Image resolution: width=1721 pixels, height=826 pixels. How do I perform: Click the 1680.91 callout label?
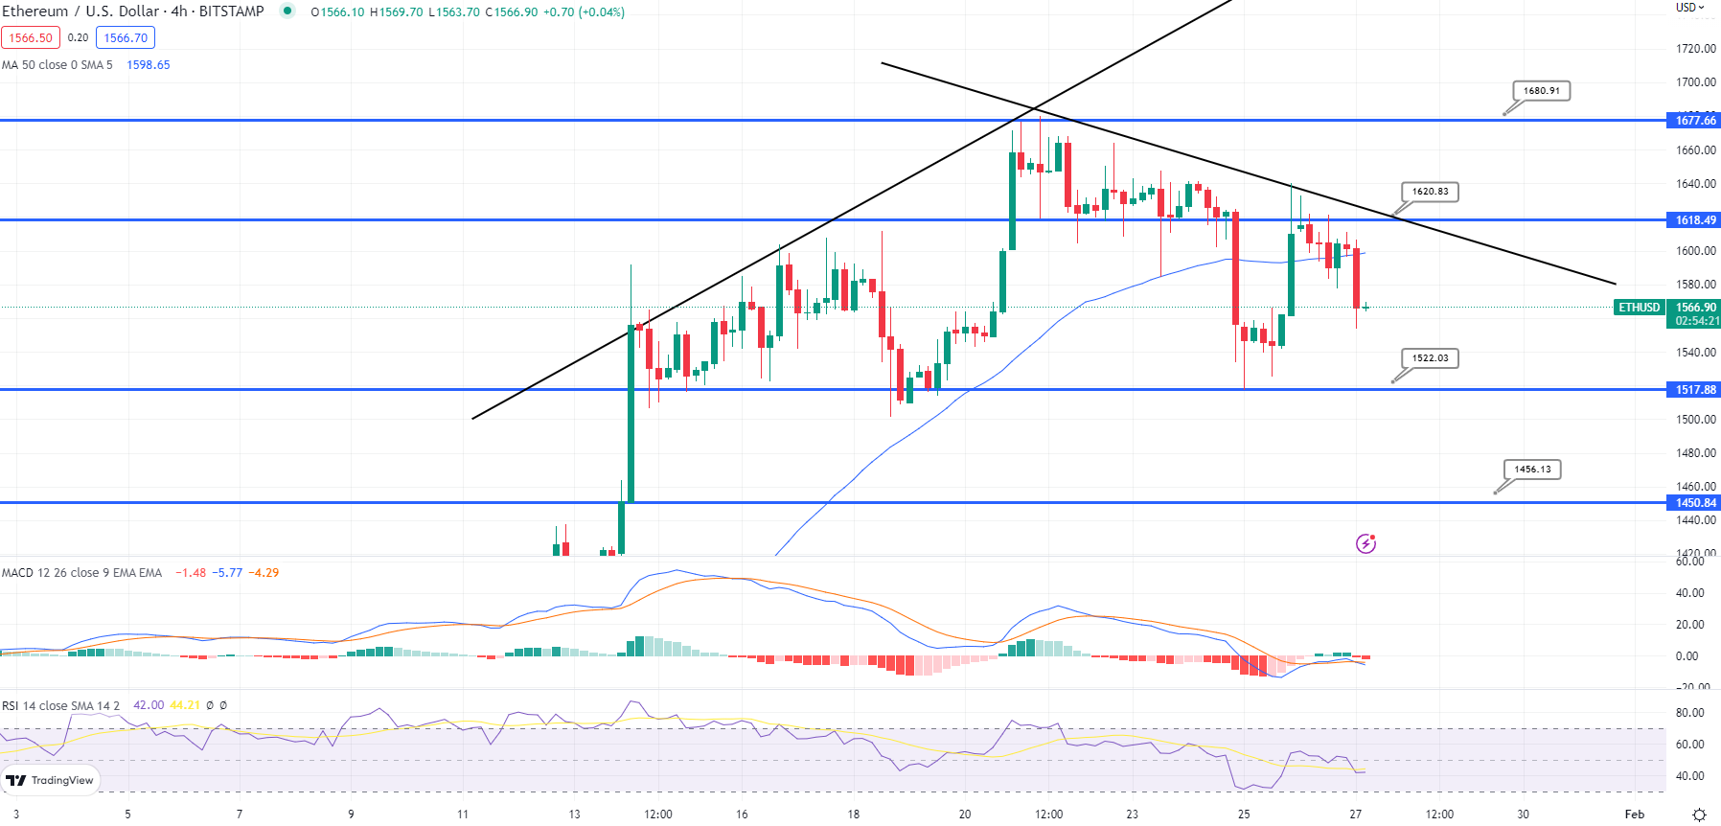(1542, 91)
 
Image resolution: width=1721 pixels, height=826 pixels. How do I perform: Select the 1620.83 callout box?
(1430, 192)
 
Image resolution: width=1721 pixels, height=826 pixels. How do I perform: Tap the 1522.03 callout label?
(1430, 358)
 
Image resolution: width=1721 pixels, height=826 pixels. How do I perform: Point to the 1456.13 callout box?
(1532, 470)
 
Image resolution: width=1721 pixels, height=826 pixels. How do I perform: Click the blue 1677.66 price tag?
(1694, 121)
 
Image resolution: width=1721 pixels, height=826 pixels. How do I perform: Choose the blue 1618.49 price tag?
(1694, 220)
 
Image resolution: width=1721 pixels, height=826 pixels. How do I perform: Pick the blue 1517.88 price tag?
(1694, 390)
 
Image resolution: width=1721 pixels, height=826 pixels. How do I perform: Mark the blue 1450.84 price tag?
(1694, 503)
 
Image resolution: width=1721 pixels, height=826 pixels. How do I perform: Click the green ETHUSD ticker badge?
(1639, 308)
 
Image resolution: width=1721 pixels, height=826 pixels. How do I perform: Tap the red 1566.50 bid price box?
(31, 38)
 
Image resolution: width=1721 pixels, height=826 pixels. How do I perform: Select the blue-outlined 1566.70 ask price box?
(126, 38)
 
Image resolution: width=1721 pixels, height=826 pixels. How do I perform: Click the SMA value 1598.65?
(149, 65)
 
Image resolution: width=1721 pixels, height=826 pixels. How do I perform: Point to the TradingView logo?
(51, 780)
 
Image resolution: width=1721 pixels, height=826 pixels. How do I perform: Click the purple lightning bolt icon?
(1365, 544)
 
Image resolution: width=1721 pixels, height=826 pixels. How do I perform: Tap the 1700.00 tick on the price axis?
(1695, 82)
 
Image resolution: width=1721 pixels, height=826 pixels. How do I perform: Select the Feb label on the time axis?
(1634, 815)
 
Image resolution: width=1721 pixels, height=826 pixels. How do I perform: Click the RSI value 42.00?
(149, 705)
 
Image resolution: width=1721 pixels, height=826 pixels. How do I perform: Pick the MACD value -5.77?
(227, 573)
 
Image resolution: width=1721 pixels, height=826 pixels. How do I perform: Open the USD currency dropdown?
(1689, 8)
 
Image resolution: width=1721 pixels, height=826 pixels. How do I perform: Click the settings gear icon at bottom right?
(1699, 815)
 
